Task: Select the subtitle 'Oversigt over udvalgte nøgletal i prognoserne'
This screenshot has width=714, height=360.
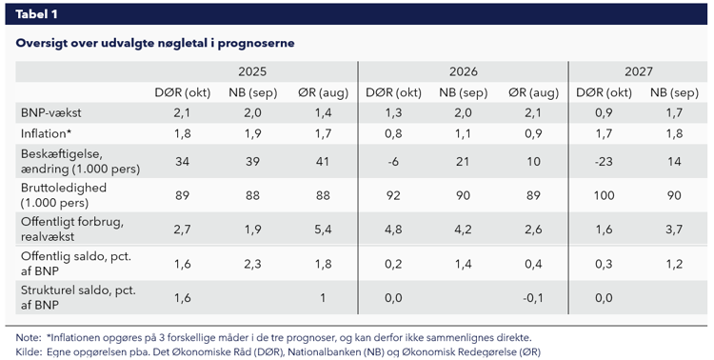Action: point(155,43)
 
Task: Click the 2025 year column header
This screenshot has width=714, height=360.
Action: point(251,71)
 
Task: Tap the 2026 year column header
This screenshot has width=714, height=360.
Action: point(463,71)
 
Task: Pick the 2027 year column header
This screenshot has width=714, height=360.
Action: point(639,71)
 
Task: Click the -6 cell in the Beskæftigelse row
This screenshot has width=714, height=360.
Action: point(392,161)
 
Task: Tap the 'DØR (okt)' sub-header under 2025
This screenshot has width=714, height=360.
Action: point(182,92)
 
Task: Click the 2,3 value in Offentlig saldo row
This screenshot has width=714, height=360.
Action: point(251,264)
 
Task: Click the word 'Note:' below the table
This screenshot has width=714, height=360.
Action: point(28,338)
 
